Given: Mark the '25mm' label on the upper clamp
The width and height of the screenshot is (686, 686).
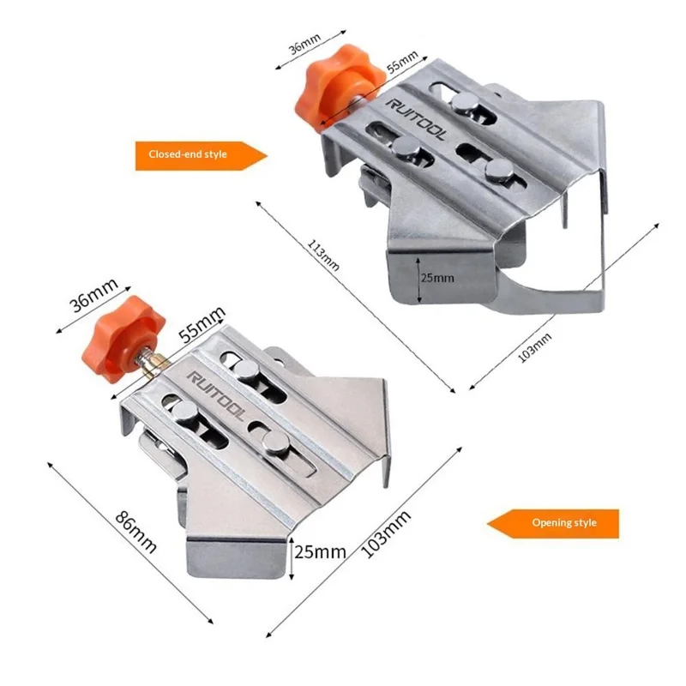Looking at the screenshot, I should coord(438,278).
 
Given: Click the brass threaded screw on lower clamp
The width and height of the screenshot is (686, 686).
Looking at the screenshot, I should coord(150,365).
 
